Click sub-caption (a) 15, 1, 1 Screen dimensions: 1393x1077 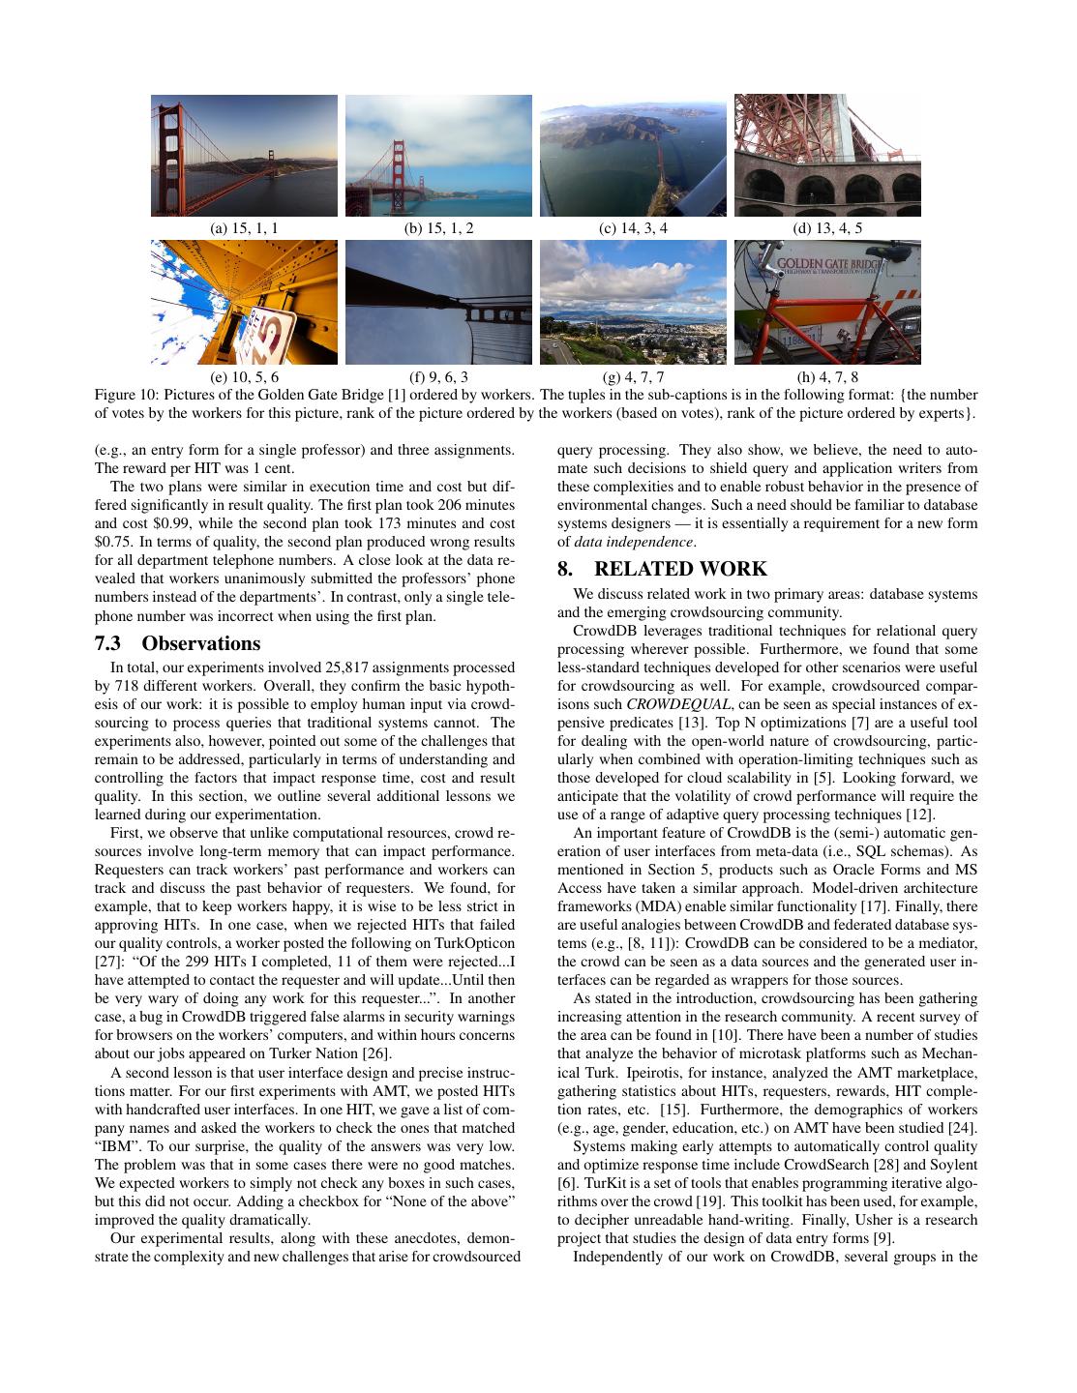pyautogui.click(x=244, y=229)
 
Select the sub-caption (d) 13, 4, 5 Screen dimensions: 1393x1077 pyautogui.click(x=827, y=229)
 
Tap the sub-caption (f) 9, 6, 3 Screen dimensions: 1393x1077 pyautogui.click(x=438, y=376)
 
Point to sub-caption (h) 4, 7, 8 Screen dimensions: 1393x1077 pyautogui.click(x=827, y=376)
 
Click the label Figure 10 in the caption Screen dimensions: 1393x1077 pyautogui.click(x=125, y=395)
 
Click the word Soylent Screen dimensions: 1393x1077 pyautogui.click(x=954, y=1164)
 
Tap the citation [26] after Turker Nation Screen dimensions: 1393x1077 pyautogui.click(x=376, y=1053)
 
